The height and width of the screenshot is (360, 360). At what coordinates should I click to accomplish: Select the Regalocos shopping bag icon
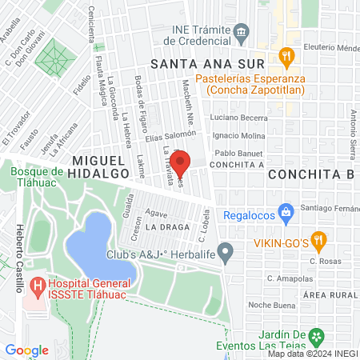[285, 213]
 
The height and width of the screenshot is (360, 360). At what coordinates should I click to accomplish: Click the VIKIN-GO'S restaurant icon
[318, 238]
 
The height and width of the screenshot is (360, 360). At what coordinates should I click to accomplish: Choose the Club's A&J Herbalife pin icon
[226, 254]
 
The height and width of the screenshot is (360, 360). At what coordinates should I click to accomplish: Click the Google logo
[26, 350]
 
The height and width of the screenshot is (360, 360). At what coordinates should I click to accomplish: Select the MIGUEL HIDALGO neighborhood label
[98, 166]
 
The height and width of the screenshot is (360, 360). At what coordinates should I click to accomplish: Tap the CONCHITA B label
[311, 174]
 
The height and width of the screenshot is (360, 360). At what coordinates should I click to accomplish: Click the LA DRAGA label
[168, 226]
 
